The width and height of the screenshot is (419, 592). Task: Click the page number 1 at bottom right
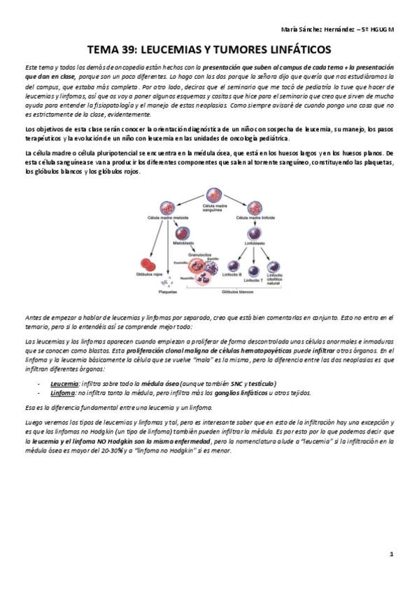coord(392,554)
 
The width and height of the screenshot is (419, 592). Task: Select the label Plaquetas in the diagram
coord(168,293)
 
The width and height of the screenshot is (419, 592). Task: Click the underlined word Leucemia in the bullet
coord(64,383)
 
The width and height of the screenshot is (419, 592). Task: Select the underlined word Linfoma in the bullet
coord(63,392)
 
